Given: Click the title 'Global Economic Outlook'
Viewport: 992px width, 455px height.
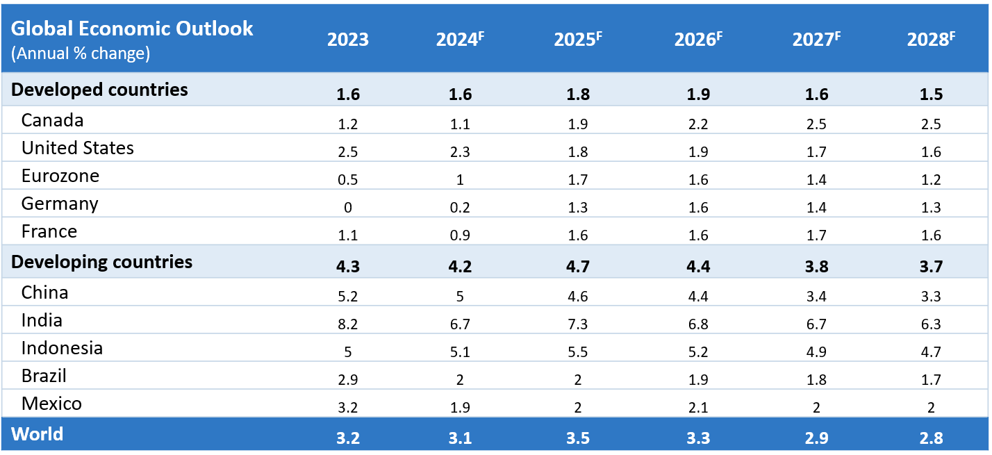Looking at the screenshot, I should [133, 28].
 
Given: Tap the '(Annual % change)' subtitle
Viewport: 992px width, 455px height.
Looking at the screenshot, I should [81, 53].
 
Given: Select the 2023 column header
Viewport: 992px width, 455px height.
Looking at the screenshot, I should [348, 40].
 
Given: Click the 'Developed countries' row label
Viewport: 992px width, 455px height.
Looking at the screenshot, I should [100, 90].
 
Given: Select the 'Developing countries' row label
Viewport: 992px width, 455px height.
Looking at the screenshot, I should [102, 262].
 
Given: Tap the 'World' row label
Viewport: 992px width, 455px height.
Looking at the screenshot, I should [38, 435].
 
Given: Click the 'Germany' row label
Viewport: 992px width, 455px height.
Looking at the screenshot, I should [60, 204].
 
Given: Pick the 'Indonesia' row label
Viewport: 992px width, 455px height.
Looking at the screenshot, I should [62, 348].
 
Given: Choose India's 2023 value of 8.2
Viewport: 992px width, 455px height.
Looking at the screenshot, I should [348, 324].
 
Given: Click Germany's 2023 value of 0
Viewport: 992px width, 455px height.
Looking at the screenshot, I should [348, 208].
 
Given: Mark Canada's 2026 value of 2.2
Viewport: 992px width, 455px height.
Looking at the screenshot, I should [698, 124].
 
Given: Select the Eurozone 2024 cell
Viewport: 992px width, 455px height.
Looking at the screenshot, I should [460, 180].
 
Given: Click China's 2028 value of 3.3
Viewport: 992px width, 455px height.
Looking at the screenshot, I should [931, 297].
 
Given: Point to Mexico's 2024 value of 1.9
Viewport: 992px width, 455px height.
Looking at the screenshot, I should [460, 408].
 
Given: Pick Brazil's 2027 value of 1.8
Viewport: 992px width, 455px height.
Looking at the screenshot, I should [816, 380].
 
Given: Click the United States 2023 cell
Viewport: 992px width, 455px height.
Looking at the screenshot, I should [348, 152].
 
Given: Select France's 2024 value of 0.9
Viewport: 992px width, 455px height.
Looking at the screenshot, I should [460, 235].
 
